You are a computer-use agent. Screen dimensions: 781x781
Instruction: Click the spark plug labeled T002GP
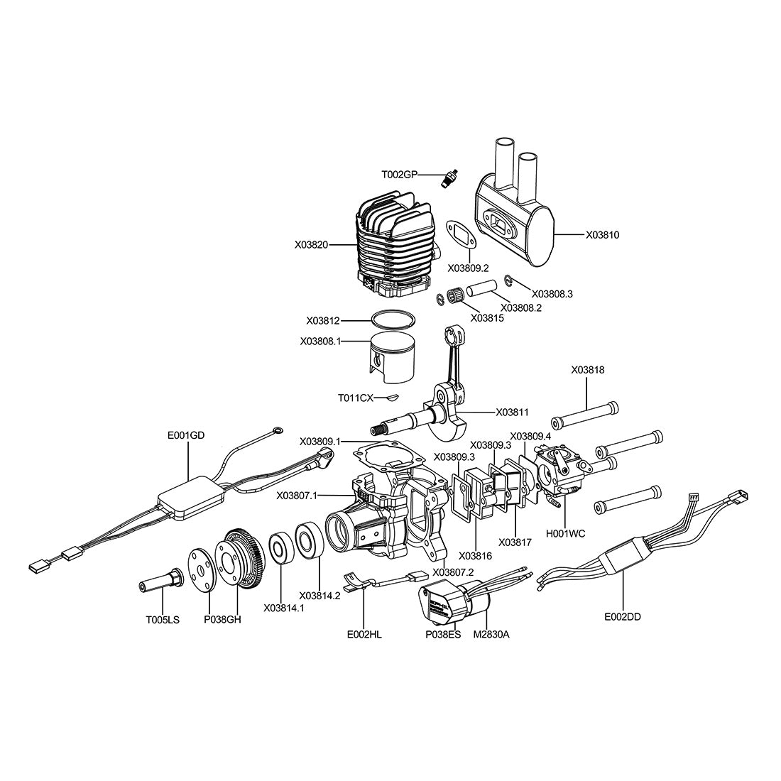[x=449, y=178]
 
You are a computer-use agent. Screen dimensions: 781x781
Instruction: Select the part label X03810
[x=602, y=234]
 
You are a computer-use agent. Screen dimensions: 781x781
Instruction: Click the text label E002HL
[x=364, y=635]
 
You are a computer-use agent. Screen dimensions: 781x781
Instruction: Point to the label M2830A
[x=491, y=635]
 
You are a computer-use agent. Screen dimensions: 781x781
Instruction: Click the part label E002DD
[x=622, y=617]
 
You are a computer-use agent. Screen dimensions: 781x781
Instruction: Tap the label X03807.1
[x=297, y=495]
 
